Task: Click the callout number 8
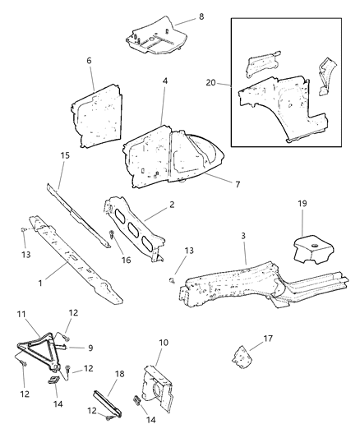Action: click(x=201, y=16)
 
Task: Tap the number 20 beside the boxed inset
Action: click(x=211, y=83)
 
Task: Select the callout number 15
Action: click(x=65, y=155)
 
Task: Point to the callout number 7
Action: click(x=238, y=184)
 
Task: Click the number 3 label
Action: click(x=243, y=236)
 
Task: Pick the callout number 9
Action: click(x=90, y=348)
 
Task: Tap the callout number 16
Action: click(x=126, y=260)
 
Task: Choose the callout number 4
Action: click(x=164, y=81)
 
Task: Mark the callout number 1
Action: click(x=40, y=283)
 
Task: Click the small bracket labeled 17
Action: click(x=242, y=357)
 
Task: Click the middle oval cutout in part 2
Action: click(x=133, y=229)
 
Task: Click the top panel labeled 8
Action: click(x=156, y=36)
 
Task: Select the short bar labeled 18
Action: click(x=107, y=401)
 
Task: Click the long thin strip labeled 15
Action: click(x=78, y=215)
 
